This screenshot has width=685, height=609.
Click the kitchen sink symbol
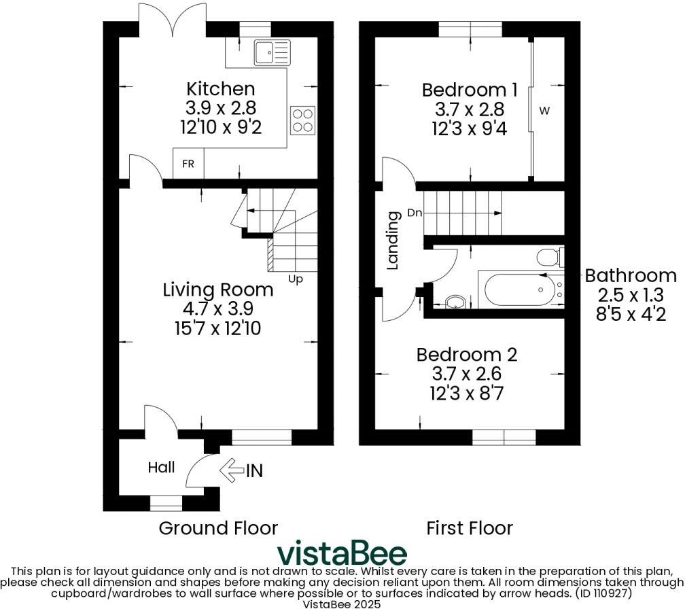[x=271, y=52]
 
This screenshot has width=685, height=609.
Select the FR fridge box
[x=188, y=164]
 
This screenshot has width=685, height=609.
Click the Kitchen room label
[x=221, y=89]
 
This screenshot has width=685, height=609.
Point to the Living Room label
[x=218, y=290]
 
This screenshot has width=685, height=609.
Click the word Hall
[x=162, y=468]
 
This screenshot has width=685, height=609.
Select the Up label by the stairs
[x=296, y=278]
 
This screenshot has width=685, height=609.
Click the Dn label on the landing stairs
[x=415, y=213]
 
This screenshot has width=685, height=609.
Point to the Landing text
[x=393, y=241]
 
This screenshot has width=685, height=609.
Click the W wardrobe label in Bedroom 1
[x=544, y=110]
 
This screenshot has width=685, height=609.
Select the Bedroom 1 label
[x=470, y=90]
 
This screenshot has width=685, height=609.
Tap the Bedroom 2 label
[x=467, y=355]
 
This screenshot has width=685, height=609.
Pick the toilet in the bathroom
[x=548, y=257]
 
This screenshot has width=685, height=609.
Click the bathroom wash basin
[x=455, y=301]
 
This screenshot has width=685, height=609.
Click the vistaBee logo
[x=342, y=553]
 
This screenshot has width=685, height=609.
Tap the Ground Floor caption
[x=218, y=527]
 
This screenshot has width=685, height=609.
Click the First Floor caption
[x=470, y=527]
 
